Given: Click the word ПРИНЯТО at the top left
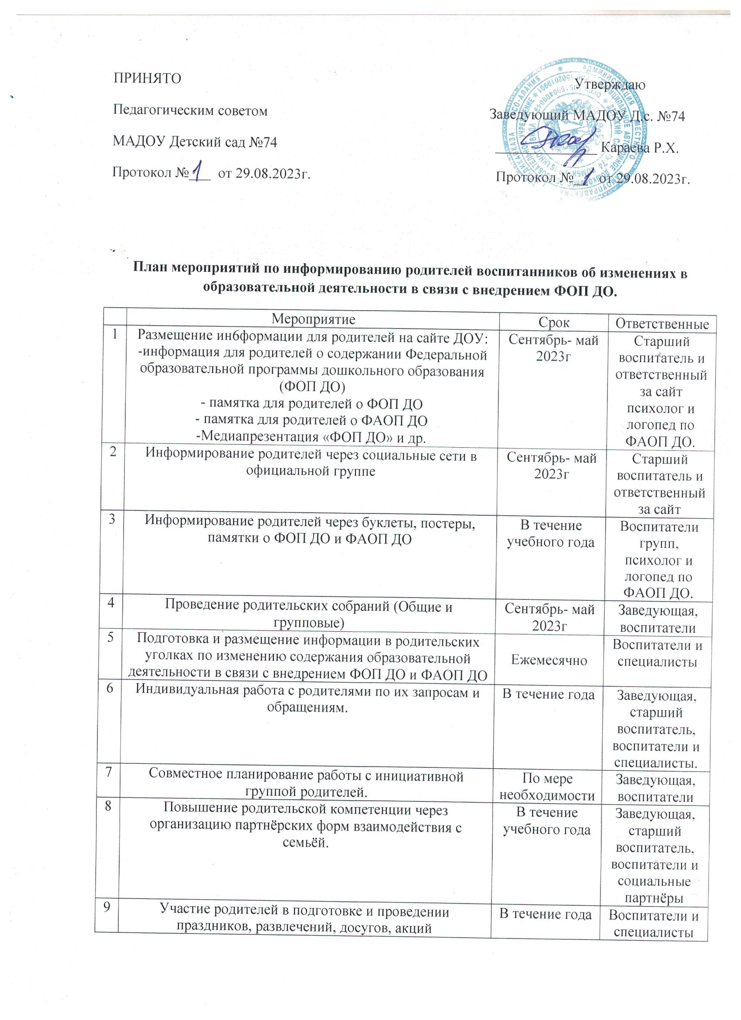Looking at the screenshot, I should tap(147, 78).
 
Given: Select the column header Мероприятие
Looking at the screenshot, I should tap(313, 319).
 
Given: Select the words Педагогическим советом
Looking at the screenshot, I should tap(190, 110).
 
